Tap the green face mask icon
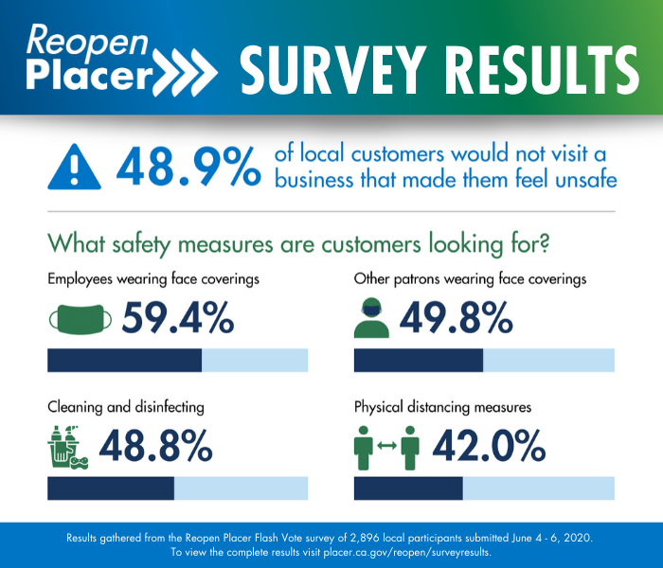[x=80, y=319]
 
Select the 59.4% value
[x=177, y=319]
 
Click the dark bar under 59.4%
[x=124, y=361]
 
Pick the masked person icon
[x=371, y=319]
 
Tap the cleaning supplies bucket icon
[x=66, y=448]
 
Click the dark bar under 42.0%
[x=408, y=488]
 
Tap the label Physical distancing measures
[x=442, y=407]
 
